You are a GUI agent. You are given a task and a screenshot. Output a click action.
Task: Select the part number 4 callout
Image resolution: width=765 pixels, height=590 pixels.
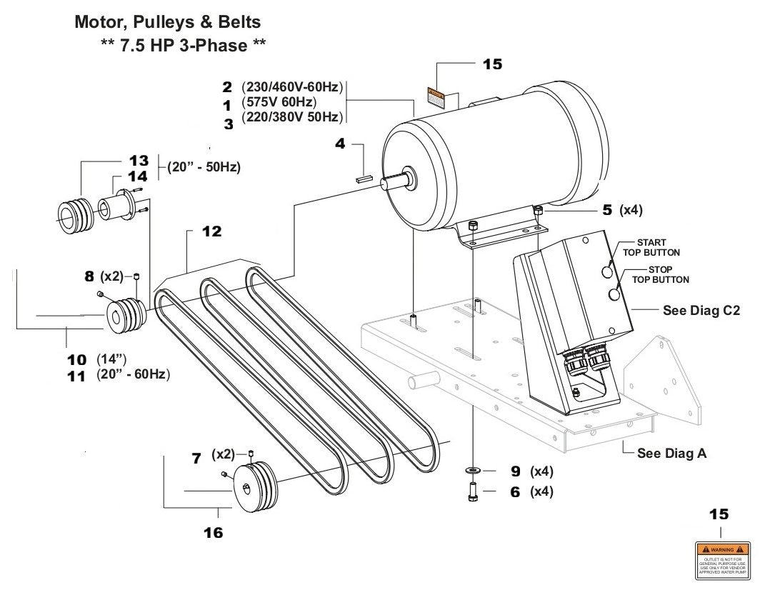341,144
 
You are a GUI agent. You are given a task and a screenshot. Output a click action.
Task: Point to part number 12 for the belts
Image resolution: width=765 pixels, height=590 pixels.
211,232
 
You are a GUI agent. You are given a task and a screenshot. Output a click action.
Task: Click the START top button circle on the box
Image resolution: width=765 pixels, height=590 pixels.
606,271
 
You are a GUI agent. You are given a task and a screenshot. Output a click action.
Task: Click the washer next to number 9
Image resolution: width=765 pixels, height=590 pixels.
474,471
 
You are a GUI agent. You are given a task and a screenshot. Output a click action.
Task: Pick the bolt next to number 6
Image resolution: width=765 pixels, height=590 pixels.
474,493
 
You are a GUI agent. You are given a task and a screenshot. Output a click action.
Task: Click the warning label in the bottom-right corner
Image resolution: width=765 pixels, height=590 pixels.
721,559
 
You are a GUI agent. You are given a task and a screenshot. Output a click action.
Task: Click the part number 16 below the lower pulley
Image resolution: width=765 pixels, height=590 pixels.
213,532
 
